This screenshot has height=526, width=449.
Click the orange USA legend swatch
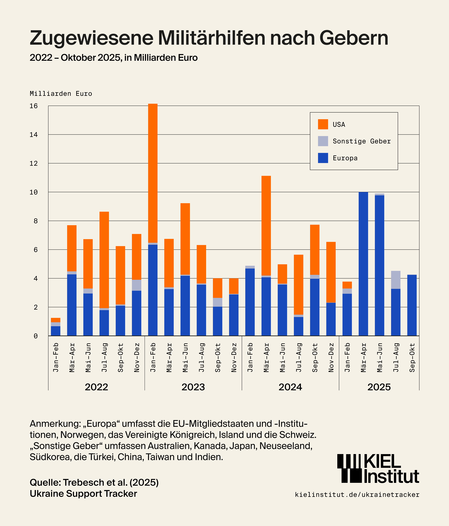tap(323, 124)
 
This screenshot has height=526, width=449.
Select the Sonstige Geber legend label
tap(361, 141)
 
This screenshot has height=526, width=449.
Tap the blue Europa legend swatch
tap(323, 158)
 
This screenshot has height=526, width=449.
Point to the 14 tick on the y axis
tap(34, 135)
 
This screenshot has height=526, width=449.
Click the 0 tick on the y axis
tap(35, 336)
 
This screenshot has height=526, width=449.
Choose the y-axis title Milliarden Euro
tap(61, 94)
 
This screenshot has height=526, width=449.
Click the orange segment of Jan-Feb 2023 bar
tap(153, 173)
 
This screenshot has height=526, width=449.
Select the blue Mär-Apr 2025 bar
tap(363, 264)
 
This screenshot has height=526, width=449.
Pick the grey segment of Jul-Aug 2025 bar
tap(396, 280)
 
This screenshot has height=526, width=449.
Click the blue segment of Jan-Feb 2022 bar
tap(56, 331)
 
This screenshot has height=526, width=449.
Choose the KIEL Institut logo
tap(378, 468)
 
